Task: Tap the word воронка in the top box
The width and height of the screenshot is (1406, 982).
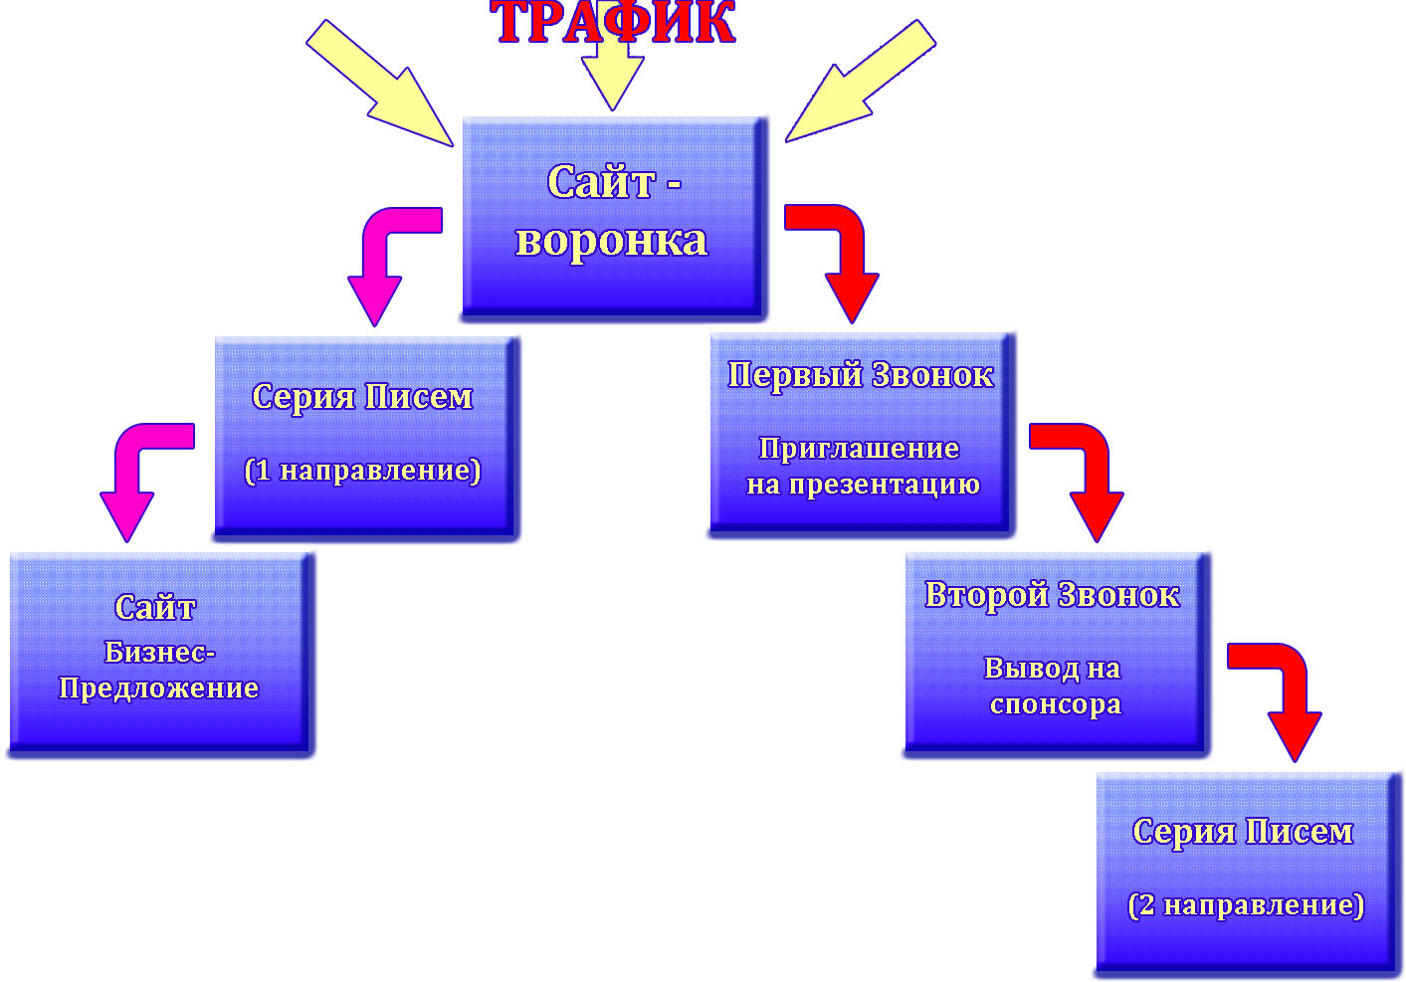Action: pos(611,241)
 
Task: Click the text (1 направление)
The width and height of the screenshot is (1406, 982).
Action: pos(362,470)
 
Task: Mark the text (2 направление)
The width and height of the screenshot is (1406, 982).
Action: pos(1246,905)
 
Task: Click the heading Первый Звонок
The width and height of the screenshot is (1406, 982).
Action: pos(861,375)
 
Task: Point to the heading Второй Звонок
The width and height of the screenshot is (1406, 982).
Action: pos(1052,595)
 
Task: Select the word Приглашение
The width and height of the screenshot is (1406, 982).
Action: pos(859,449)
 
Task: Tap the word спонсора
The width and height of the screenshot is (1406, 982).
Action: pos(1055,704)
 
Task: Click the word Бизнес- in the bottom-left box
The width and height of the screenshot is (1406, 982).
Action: pos(159,652)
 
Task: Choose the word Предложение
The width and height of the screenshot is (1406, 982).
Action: pos(159,688)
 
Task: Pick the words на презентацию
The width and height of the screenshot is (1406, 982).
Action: pos(863,485)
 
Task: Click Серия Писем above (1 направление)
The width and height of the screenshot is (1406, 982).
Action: pos(362,396)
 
